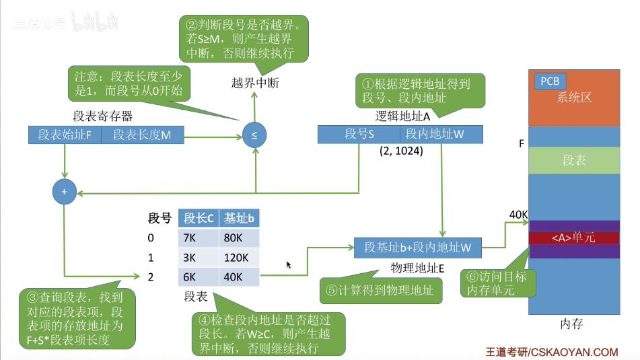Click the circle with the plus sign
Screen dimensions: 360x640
pos(65,192)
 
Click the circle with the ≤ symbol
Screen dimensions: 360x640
pos(254,135)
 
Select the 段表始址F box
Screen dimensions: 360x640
pos(65,135)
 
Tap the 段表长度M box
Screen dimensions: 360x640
pos(142,135)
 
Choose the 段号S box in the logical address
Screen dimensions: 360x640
pos(359,134)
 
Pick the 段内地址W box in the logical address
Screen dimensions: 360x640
pos(435,134)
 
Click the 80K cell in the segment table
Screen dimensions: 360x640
pos(238,238)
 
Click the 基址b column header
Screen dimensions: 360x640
pos(238,218)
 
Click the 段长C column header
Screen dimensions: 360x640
pos(197,218)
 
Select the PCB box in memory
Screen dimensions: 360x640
pos(549,81)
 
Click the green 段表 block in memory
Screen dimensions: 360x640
pos(573,161)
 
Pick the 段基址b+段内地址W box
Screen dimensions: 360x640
pos(418,247)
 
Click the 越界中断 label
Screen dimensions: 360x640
pos(254,83)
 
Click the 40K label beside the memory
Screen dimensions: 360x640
pos(518,215)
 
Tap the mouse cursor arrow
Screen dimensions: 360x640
pos(289,265)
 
